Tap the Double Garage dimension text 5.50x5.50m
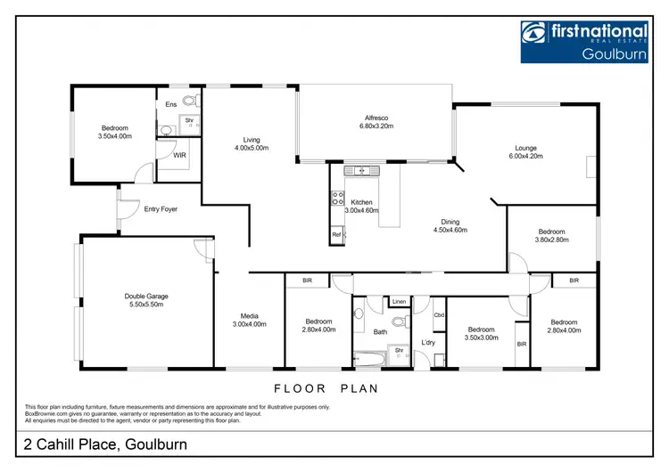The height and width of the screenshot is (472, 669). (146, 305)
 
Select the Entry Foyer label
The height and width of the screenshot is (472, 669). (161, 209)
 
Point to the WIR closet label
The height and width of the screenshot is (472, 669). (179, 155)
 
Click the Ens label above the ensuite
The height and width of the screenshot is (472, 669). (171, 105)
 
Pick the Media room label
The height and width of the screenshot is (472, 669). (249, 315)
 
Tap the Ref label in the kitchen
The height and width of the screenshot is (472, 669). (337, 235)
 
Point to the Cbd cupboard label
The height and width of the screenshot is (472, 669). (439, 315)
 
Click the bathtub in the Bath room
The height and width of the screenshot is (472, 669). (368, 359)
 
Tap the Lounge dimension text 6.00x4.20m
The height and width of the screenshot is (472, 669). (524, 157)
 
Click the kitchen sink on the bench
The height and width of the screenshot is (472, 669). (362, 170)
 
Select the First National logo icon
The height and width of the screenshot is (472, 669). (533, 34)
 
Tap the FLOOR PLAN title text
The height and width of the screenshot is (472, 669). (326, 388)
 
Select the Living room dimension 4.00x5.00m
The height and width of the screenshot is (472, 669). (250, 148)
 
